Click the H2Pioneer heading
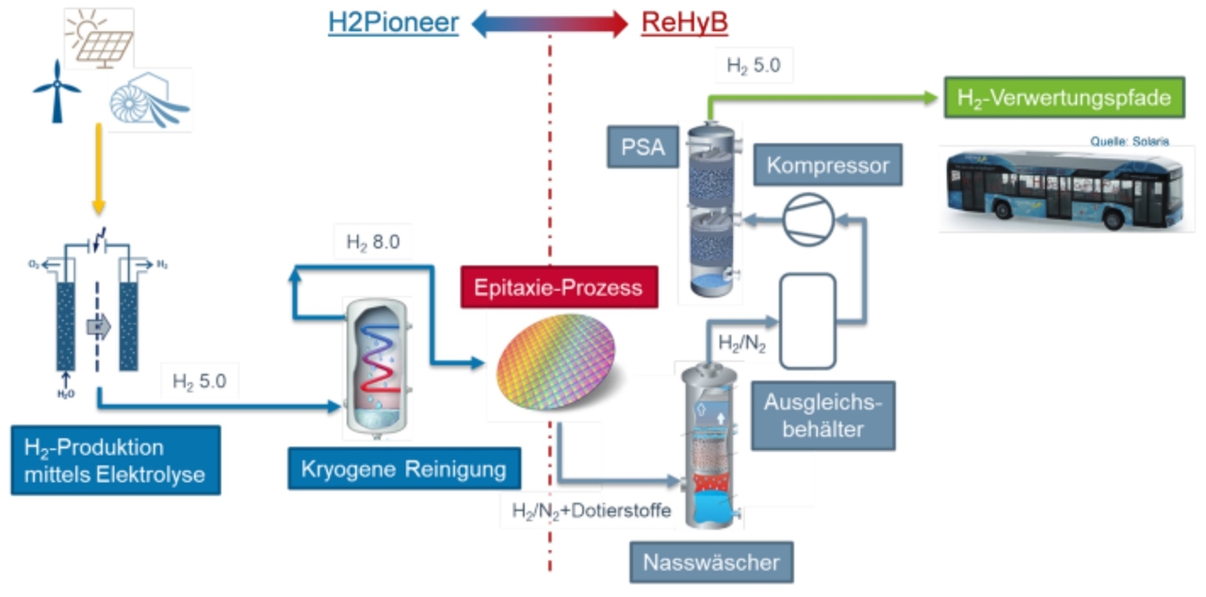[393, 23]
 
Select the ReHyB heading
[685, 23]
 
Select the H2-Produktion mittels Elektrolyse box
[115, 460]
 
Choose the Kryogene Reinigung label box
[404, 467]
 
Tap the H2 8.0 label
[373, 242]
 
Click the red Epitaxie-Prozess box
[559, 287]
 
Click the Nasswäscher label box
[711, 563]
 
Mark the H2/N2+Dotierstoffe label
[592, 510]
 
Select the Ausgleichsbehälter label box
[823, 415]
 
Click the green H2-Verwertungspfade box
[1064, 97]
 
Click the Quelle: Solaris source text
[1130, 141]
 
